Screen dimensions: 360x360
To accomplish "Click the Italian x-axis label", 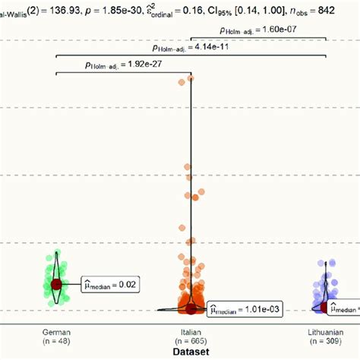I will click(191, 332).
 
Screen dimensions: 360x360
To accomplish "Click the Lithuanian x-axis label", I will click(327, 332).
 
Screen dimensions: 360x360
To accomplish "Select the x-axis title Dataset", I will click(191, 352).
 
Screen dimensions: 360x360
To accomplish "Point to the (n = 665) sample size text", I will click(191, 342).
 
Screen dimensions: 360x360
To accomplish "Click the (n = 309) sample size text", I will click(327, 342).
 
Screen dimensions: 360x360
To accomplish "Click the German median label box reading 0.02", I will click(111, 285).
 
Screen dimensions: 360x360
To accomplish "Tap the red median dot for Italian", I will click(191, 308).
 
